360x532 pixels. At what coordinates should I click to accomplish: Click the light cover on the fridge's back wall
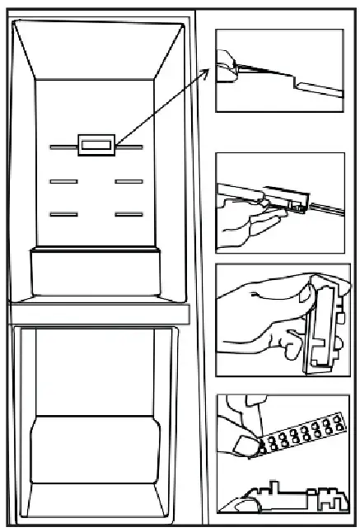click(96, 146)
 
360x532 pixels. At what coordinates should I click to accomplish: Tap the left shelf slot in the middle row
click(63, 180)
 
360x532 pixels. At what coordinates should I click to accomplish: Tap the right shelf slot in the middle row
click(129, 180)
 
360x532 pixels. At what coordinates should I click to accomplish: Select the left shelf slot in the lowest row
click(63, 214)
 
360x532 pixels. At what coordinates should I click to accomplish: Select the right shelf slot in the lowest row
click(129, 214)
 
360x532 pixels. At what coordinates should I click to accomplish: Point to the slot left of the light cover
click(63, 149)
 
